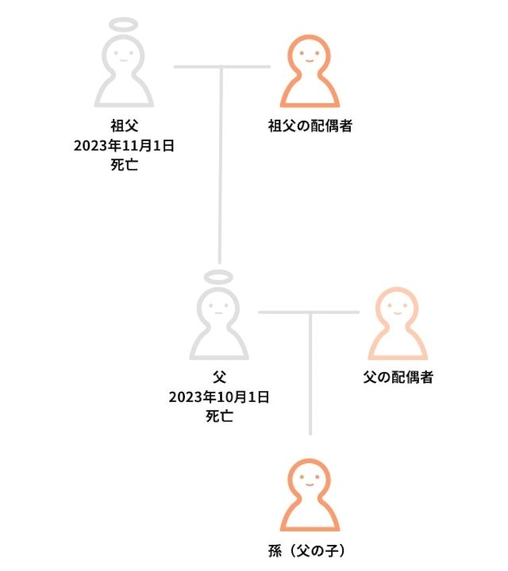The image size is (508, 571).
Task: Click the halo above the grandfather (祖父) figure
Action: pyautogui.click(x=123, y=19)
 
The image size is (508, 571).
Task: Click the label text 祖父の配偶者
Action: pyautogui.click(x=310, y=126)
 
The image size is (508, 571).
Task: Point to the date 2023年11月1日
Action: pyautogui.click(x=124, y=146)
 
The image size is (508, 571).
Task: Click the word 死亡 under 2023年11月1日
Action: pyautogui.click(x=124, y=165)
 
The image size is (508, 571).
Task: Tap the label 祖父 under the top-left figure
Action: pyautogui.click(x=124, y=126)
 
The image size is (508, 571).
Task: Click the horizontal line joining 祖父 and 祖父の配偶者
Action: pyautogui.click(x=222, y=67)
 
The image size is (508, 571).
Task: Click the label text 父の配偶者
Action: pyautogui.click(x=398, y=377)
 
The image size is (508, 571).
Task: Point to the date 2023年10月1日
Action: pyautogui.click(x=219, y=397)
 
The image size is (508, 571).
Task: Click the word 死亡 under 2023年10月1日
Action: pyautogui.click(x=219, y=416)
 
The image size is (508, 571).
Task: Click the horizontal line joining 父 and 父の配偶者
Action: pyautogui.click(x=309, y=312)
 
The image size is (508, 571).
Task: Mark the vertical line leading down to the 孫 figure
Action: pyautogui.click(x=310, y=374)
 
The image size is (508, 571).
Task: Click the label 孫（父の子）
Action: pyautogui.click(x=306, y=551)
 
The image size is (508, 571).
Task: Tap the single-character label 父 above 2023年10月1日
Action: pyautogui.click(x=219, y=377)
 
